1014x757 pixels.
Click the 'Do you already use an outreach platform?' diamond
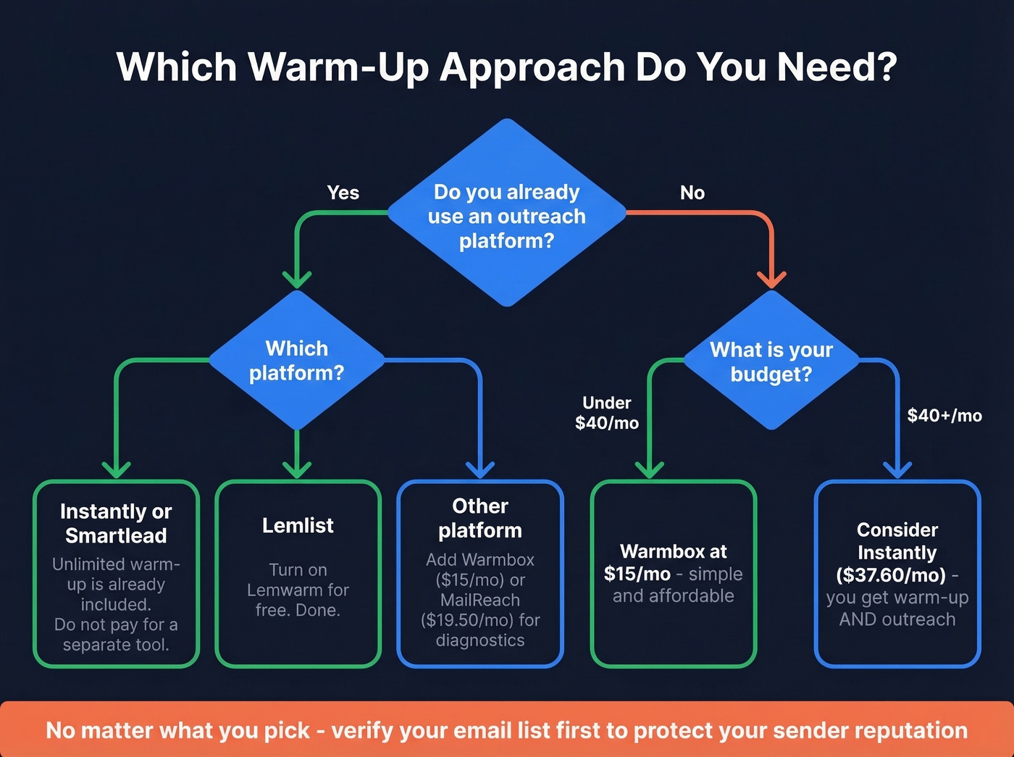[x=507, y=215]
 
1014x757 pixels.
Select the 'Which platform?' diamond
[x=296, y=361]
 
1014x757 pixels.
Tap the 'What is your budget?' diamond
[x=771, y=361]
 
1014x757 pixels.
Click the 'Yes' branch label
[x=343, y=193]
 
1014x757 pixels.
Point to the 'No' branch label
[x=692, y=193]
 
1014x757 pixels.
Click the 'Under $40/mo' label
[x=607, y=413]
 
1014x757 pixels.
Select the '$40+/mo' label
[x=944, y=415]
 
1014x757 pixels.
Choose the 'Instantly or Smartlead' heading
[x=116, y=523]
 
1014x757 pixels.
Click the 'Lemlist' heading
[x=298, y=525]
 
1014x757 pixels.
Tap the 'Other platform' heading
[x=480, y=518]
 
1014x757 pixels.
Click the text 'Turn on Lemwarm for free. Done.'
[x=298, y=590]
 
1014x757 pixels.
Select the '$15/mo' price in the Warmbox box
[x=637, y=574]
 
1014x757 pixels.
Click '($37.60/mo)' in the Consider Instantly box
[x=891, y=575]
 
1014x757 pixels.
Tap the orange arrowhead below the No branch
[x=771, y=279]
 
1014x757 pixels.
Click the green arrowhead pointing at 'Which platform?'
[x=297, y=279]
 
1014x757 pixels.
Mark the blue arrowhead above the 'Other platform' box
[x=480, y=469]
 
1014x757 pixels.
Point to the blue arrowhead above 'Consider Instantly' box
[x=897, y=469]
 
